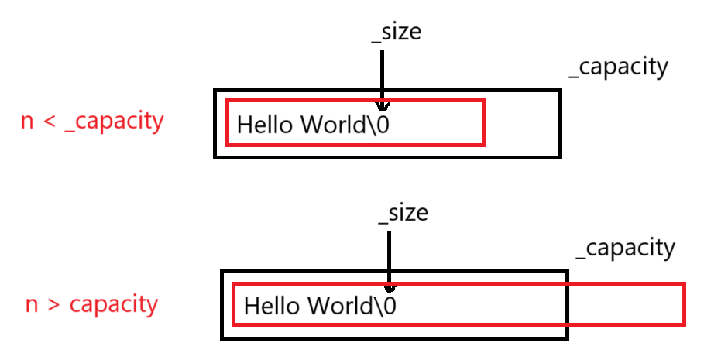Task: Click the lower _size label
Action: (403, 212)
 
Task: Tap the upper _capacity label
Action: (618, 67)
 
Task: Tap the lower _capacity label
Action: (626, 249)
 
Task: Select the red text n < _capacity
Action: (92, 122)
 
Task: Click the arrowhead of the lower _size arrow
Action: (389, 287)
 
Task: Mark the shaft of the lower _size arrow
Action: (389, 255)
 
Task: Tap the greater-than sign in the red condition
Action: (53, 304)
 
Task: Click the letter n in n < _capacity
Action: (28, 122)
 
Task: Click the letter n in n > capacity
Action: (32, 304)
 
